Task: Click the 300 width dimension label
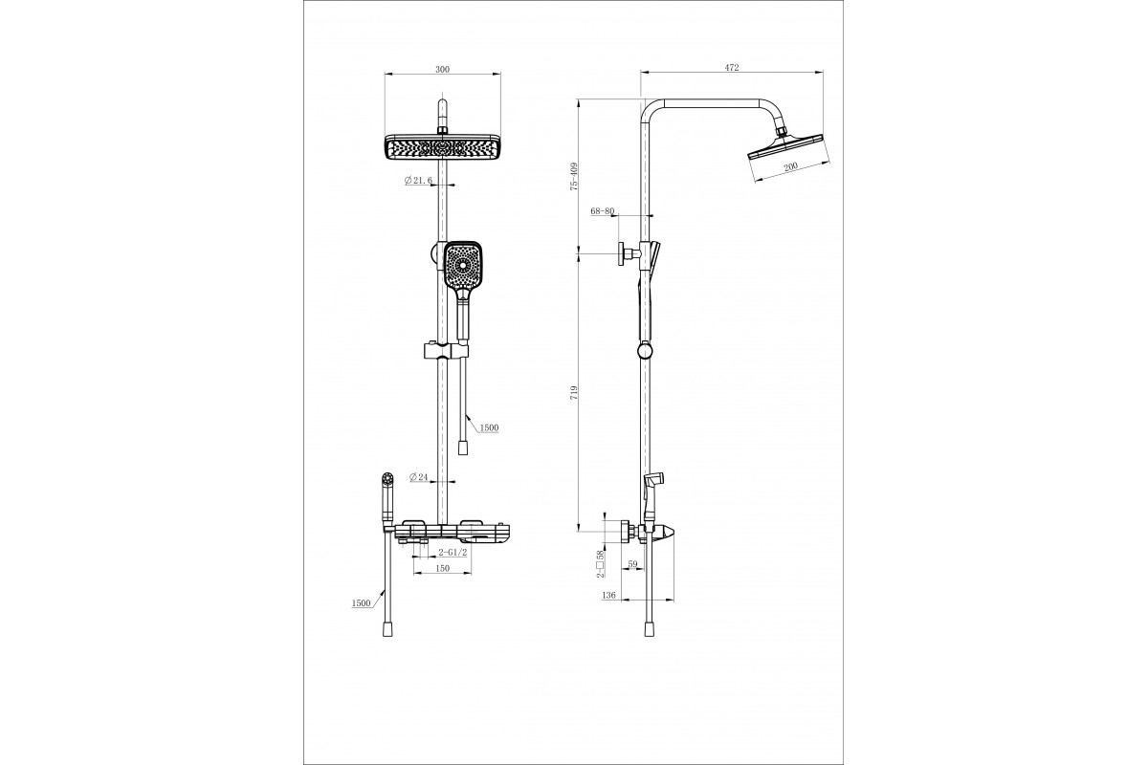pyautogui.click(x=442, y=69)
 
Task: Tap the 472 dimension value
pyautogui.click(x=732, y=67)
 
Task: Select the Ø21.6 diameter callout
pyautogui.click(x=418, y=181)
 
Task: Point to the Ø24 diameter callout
pyautogui.click(x=419, y=477)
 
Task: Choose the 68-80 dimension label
pyautogui.click(x=602, y=210)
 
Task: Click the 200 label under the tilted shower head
pyautogui.click(x=791, y=166)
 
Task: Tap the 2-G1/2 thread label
pyautogui.click(x=453, y=553)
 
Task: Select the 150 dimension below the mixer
pyautogui.click(x=442, y=568)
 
